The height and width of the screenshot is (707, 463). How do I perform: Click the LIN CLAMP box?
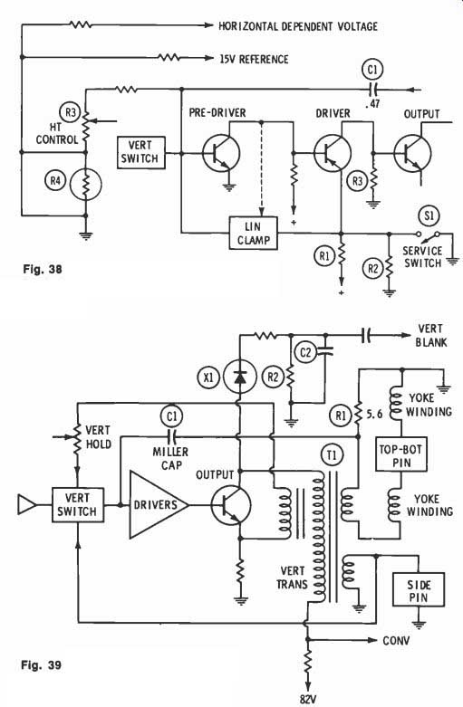(253, 234)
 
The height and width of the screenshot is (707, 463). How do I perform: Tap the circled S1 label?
(429, 215)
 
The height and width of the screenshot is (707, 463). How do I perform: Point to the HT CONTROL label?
(57, 134)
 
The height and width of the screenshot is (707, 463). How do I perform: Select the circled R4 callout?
(55, 181)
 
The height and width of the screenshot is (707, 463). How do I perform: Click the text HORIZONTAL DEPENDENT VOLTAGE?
(298, 26)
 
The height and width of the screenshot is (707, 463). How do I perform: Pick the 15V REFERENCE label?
(254, 59)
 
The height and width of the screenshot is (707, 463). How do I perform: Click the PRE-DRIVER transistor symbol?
(221, 154)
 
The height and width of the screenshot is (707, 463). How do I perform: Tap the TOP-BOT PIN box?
(401, 455)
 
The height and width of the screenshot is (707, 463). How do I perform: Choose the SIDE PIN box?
(419, 590)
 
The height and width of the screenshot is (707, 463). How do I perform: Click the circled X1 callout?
(208, 377)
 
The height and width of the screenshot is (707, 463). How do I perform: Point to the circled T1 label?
(332, 455)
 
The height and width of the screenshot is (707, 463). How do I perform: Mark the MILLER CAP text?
(170, 458)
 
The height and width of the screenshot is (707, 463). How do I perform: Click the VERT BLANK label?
(431, 336)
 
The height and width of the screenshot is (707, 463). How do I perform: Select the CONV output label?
(396, 640)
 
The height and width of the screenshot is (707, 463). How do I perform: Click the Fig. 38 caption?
(43, 269)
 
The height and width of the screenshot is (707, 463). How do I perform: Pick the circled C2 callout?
(305, 352)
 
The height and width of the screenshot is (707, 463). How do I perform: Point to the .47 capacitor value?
(372, 104)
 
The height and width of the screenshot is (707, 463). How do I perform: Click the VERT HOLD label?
(99, 437)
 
